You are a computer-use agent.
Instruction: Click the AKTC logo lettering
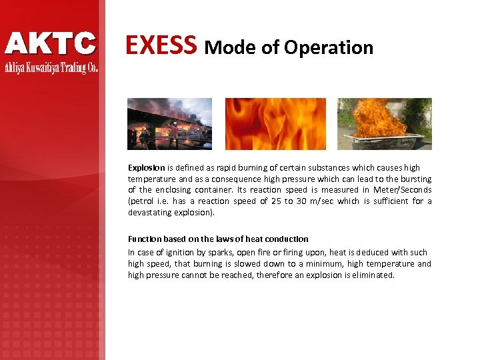tap(51, 43)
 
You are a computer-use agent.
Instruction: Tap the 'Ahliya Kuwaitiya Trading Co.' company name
tap(51, 67)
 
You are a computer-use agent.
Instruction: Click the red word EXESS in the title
tap(161, 45)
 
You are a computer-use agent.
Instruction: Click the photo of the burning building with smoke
tap(169, 123)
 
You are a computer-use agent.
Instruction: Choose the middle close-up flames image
tap(275, 123)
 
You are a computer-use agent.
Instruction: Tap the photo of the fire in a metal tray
tap(384, 123)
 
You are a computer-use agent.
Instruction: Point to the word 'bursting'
tap(415, 179)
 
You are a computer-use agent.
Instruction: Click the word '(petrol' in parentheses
tap(141, 201)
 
